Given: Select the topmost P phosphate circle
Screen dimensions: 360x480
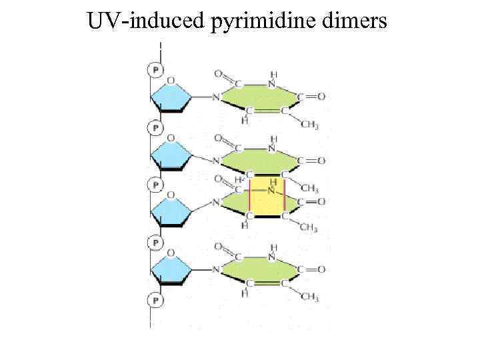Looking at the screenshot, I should click(x=155, y=69).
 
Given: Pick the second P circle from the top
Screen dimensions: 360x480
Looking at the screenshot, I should click(x=155, y=127).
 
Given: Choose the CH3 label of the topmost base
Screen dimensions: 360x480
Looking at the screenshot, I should click(x=309, y=125).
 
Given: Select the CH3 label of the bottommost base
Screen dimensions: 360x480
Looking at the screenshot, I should click(x=309, y=297).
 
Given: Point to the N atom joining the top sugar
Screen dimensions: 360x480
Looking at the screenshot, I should click(x=215, y=97).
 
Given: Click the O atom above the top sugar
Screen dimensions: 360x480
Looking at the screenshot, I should click(x=171, y=81).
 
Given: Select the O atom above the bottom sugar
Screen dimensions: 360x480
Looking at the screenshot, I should click(x=171, y=253).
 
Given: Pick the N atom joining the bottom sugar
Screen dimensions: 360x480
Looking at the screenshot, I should click(x=215, y=269).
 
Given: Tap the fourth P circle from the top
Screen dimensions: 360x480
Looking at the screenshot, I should click(x=155, y=243).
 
